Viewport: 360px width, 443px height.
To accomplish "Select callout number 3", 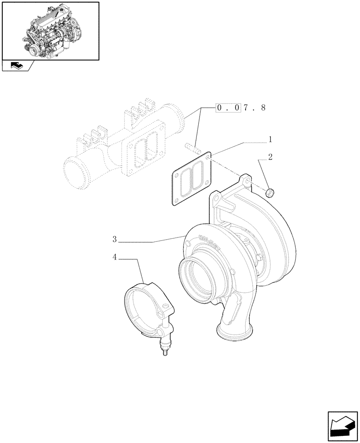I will [114, 240].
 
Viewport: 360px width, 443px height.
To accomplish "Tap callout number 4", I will [115, 256].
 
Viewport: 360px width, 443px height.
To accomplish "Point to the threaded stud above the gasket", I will [191, 146].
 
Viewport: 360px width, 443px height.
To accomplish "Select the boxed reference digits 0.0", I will [227, 108].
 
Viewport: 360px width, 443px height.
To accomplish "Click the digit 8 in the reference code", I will [263, 108].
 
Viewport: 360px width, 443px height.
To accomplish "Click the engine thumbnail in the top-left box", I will [50, 31].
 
